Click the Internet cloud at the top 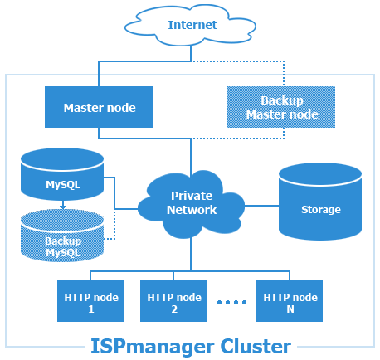[192, 26]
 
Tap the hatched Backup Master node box [281, 108]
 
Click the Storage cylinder [320, 203]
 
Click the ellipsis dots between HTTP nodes [232, 303]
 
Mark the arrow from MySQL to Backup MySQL [61, 203]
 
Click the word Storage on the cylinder [320, 210]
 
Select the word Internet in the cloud [192, 25]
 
